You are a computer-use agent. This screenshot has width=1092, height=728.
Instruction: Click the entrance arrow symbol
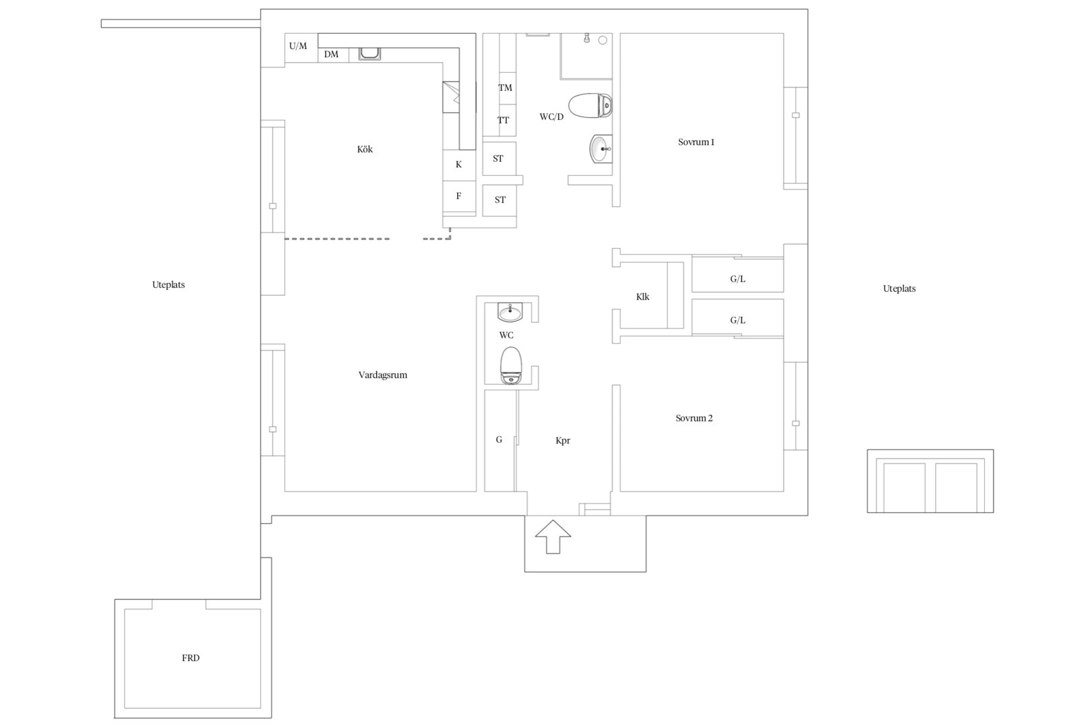click(553, 537)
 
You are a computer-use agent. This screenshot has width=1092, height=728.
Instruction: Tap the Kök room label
click(365, 149)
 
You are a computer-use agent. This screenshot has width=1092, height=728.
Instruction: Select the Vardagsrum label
click(383, 375)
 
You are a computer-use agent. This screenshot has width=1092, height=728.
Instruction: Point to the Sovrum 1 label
click(696, 142)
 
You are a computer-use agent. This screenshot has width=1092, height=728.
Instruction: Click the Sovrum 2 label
click(694, 418)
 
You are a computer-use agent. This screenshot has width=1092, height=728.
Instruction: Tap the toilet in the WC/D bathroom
click(590, 106)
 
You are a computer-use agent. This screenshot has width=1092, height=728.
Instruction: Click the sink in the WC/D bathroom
click(601, 149)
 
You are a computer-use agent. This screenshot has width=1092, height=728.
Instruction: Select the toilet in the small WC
click(511, 365)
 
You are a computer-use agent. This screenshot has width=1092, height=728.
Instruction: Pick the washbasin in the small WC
click(510, 312)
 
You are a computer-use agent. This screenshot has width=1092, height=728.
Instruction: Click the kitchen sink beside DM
click(369, 54)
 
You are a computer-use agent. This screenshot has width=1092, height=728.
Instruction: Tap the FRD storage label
click(191, 658)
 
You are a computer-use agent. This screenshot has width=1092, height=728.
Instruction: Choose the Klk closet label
click(642, 297)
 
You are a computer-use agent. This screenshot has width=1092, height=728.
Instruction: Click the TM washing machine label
click(505, 88)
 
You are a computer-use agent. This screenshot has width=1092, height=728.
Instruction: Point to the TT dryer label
click(503, 120)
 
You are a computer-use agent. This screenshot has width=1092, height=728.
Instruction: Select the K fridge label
click(459, 164)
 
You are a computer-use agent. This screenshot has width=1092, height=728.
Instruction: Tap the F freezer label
click(459, 196)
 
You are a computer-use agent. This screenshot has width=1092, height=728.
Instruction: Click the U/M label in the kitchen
click(298, 46)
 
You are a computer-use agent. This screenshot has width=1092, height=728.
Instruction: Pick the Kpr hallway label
click(563, 440)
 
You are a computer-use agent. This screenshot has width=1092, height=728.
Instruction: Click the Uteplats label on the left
click(169, 284)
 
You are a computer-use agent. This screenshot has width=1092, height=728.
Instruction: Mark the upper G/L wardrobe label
click(737, 279)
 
